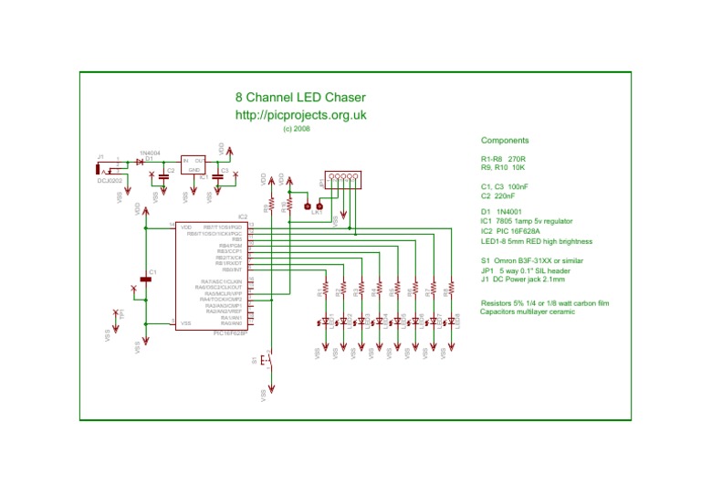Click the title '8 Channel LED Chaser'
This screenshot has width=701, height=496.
coord(300,98)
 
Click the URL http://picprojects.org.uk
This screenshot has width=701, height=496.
coord(300,115)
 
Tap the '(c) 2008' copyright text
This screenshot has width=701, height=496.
coord(297,130)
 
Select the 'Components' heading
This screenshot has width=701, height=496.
coord(505,141)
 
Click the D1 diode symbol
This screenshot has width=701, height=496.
coord(140,162)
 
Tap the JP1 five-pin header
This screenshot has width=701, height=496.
coord(342,179)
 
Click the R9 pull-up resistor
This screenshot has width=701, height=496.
coord(271,208)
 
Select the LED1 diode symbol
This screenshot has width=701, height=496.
coord(326,321)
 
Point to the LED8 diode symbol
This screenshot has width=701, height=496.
coord(452,321)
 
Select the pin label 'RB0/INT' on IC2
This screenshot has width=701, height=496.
coord(232,270)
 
